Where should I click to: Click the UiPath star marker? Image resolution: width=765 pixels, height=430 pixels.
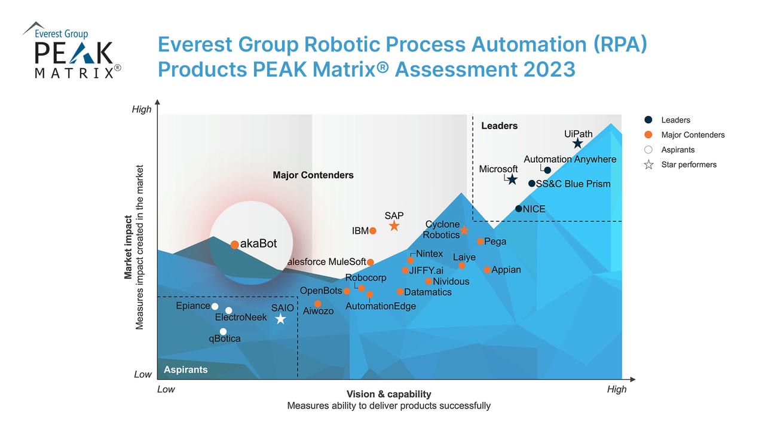pyautogui.click(x=577, y=144)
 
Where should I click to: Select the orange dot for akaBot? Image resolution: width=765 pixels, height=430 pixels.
pyautogui.click(x=235, y=245)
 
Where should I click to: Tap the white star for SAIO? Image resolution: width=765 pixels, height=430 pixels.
pyautogui.click(x=280, y=319)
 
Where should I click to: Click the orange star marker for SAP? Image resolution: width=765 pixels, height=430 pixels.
pyautogui.click(x=394, y=226)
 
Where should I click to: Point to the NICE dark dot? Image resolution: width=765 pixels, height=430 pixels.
pyautogui.click(x=519, y=209)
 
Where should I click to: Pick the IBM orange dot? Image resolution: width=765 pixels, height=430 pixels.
pyautogui.click(x=372, y=231)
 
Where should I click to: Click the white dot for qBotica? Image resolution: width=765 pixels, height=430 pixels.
pyautogui.click(x=223, y=331)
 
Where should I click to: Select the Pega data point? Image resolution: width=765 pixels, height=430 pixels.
pyautogui.click(x=480, y=242)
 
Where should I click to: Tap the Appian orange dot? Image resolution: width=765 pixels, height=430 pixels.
pyautogui.click(x=487, y=270)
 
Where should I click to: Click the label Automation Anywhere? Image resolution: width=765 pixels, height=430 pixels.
pyautogui.click(x=570, y=159)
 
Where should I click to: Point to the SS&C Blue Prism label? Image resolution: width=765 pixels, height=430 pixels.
pyautogui.click(x=573, y=184)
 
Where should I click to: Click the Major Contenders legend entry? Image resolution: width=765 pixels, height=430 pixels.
pyautogui.click(x=693, y=135)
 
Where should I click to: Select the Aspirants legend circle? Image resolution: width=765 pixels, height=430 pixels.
pyautogui.click(x=648, y=150)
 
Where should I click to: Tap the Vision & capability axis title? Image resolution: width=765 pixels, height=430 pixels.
pyautogui.click(x=388, y=394)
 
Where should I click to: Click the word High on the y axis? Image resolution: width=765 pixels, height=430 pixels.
pyautogui.click(x=142, y=109)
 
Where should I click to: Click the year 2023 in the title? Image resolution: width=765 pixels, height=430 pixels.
pyautogui.click(x=549, y=69)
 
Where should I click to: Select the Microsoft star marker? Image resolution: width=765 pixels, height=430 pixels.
pyautogui.click(x=512, y=179)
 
